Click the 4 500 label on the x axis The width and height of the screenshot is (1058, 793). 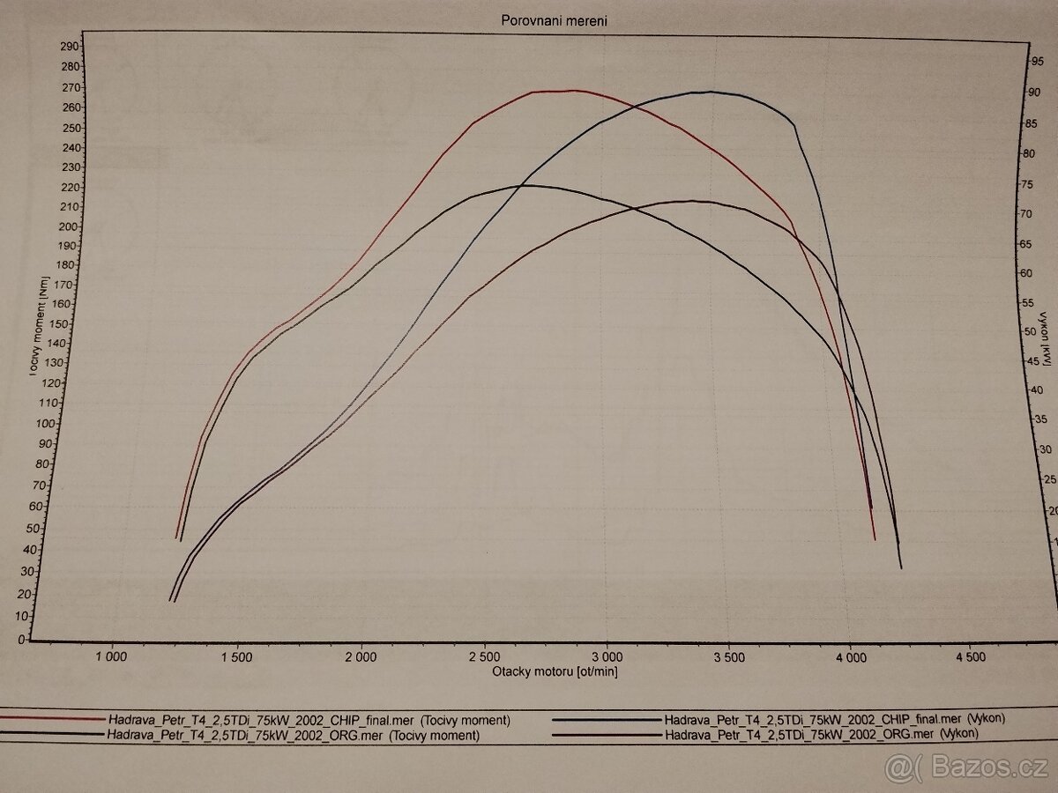pyautogui.click(x=970, y=656)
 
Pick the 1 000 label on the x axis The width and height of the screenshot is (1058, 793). pyautogui.click(x=111, y=656)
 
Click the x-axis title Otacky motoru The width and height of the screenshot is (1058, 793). pyautogui.click(x=555, y=671)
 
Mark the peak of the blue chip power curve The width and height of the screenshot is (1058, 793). pyautogui.click(x=710, y=92)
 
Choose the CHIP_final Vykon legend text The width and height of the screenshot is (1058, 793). pyautogui.click(x=834, y=719)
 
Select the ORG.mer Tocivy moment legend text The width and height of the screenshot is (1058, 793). pyautogui.click(x=292, y=735)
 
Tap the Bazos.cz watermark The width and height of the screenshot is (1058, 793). pyautogui.click(x=970, y=769)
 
